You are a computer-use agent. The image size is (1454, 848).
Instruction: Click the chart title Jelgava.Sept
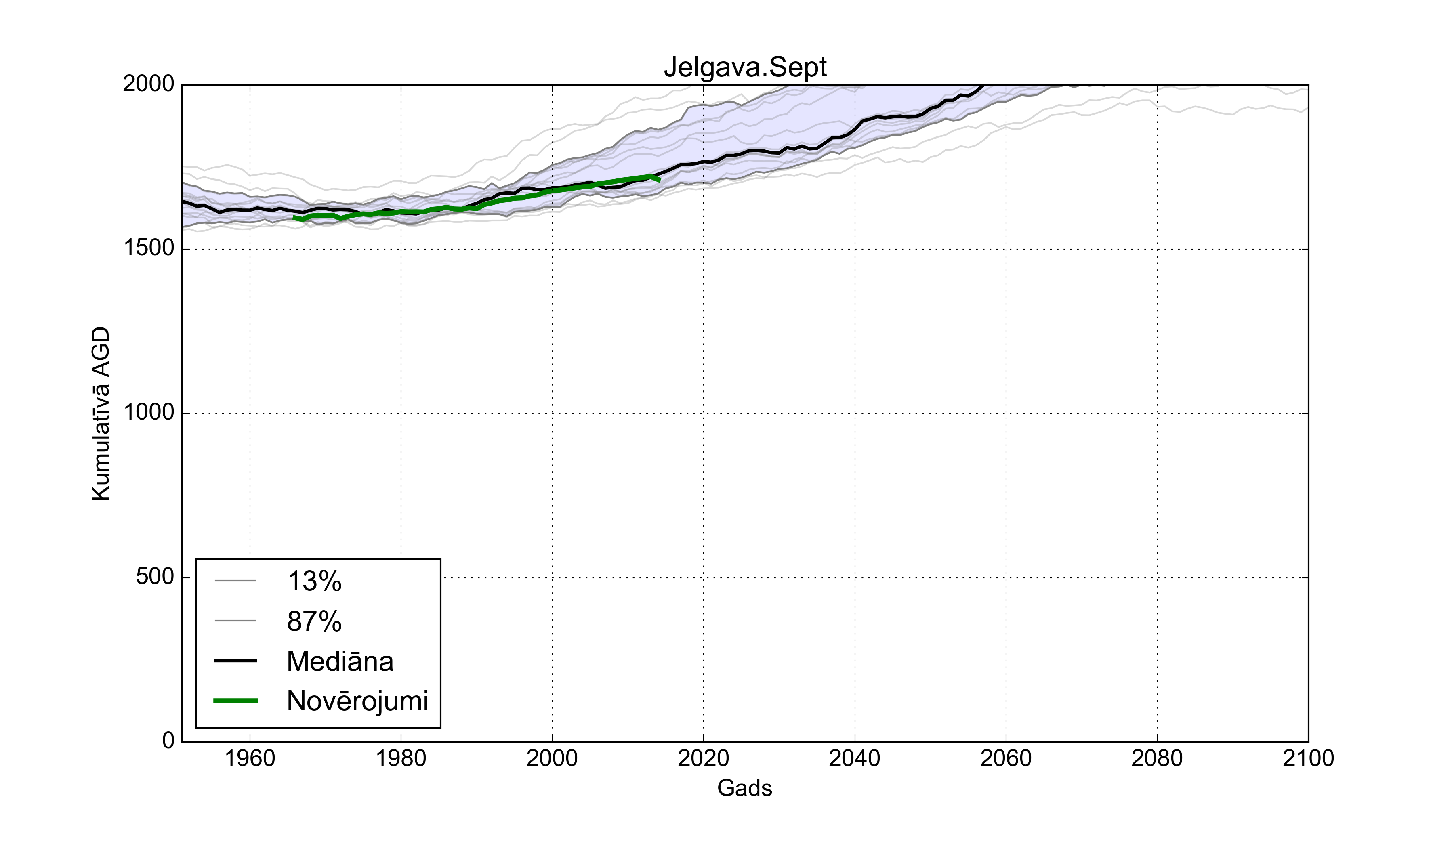pos(745,67)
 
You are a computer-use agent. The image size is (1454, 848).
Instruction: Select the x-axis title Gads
pos(744,788)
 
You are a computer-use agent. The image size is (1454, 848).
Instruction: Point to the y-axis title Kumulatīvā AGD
pos(101,414)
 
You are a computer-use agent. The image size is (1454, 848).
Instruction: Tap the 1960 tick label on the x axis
pos(250,758)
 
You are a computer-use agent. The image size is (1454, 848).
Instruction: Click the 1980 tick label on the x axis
pos(401,758)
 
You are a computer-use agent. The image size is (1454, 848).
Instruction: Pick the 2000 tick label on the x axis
pos(552,758)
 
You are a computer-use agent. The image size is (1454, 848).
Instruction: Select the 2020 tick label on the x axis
pos(703,758)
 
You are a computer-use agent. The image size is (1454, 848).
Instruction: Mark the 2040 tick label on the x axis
pos(855,758)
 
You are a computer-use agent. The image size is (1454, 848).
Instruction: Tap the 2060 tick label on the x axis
pos(1006,758)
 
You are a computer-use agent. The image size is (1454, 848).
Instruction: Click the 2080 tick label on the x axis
pos(1157,758)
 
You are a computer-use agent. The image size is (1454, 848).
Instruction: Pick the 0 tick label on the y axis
pos(168,740)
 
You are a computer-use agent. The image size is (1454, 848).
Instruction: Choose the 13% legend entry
pos(315,581)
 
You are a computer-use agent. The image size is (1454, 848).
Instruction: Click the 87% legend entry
pos(315,621)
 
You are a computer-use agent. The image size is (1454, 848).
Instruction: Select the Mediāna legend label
pos(340,661)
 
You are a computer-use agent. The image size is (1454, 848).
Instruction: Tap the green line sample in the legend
pos(235,701)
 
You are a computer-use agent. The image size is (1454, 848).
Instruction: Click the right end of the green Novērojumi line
pos(660,181)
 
